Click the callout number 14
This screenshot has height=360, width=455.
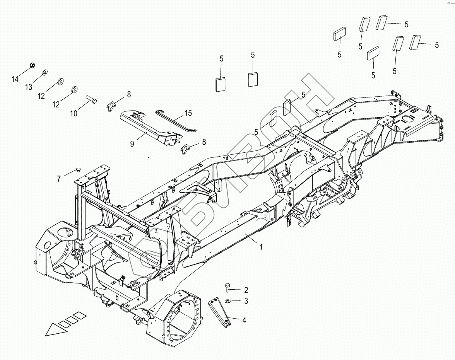[15, 79]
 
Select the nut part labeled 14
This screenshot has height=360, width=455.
[33, 64]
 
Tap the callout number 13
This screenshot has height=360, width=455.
[29, 87]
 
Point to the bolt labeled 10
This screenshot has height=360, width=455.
[91, 99]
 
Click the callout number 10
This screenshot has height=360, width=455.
[74, 113]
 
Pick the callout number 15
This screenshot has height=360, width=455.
[188, 113]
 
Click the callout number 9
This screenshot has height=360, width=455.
[132, 143]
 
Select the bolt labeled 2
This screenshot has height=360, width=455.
[227, 287]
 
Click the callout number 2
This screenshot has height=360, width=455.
[245, 290]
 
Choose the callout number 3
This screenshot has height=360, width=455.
[245, 301]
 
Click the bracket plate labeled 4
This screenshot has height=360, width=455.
[220, 312]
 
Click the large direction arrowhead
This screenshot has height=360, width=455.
[54, 330]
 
